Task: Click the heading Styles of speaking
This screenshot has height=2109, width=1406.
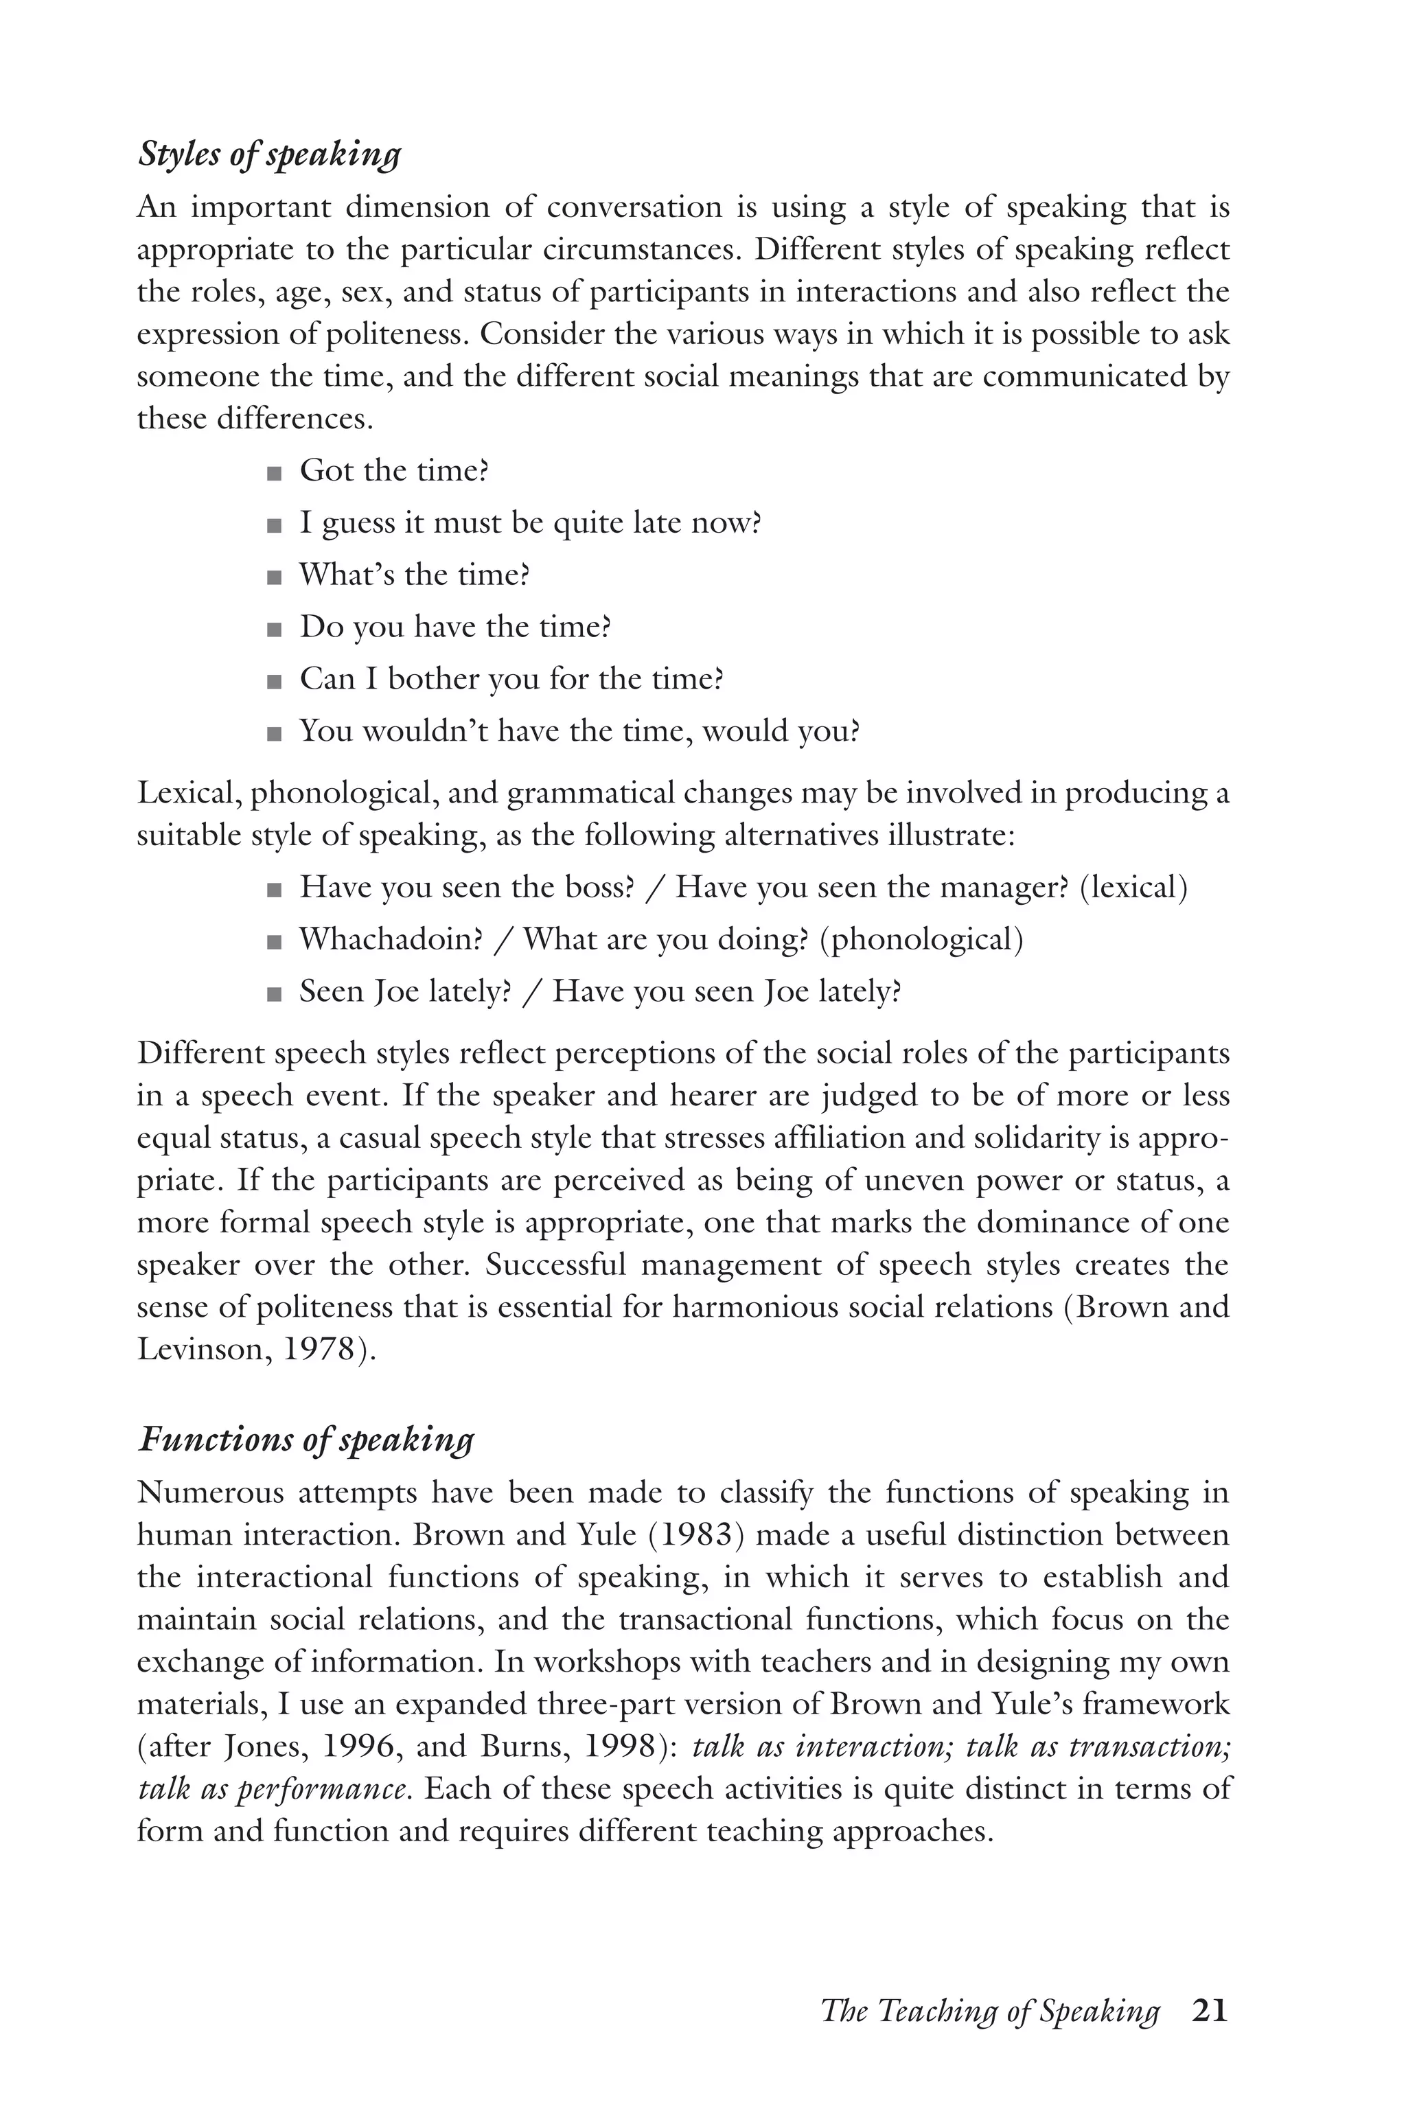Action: click(269, 154)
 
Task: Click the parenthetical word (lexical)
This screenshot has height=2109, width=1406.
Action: click(1133, 887)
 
